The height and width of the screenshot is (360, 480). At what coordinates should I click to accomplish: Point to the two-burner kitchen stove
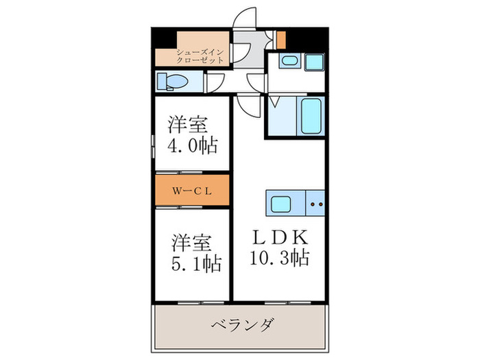point(316,204)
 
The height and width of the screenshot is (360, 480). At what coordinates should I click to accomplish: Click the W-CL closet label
point(191,191)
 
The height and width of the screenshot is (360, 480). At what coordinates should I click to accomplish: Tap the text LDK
point(281,238)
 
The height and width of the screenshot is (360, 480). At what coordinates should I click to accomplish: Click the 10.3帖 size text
point(281,259)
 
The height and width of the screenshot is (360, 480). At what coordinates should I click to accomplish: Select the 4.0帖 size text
point(193,145)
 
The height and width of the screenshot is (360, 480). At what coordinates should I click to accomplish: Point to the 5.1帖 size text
point(195,264)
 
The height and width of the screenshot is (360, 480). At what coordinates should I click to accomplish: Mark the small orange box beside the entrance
point(280,39)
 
